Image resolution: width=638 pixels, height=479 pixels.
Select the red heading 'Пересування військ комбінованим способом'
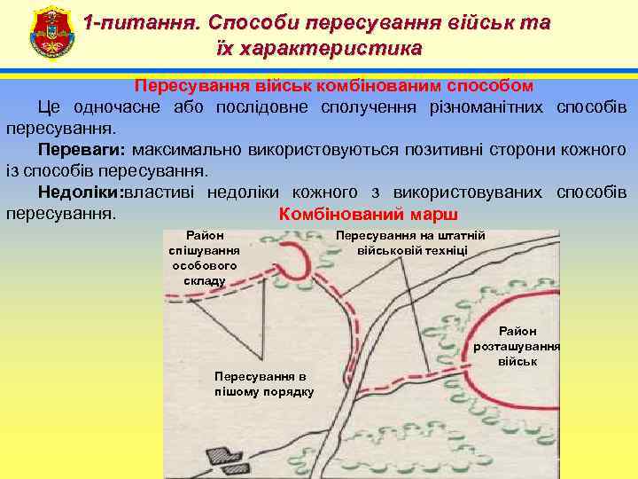334,86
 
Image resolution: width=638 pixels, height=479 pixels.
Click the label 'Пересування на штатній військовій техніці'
412,242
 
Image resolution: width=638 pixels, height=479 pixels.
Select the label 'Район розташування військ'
517,346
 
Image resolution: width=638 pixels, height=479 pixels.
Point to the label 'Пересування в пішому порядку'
264,382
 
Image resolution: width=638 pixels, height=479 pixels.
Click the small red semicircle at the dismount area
298,263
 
